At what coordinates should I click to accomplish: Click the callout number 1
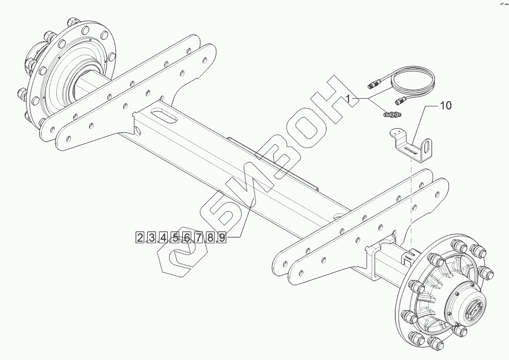pyautogui.click(x=348, y=99)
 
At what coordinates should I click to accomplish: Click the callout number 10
pyautogui.click(x=446, y=106)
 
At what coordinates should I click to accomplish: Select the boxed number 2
pyautogui.click(x=140, y=238)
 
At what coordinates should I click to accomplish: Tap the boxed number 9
pyautogui.click(x=221, y=238)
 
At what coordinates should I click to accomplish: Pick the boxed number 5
pyautogui.click(x=175, y=238)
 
